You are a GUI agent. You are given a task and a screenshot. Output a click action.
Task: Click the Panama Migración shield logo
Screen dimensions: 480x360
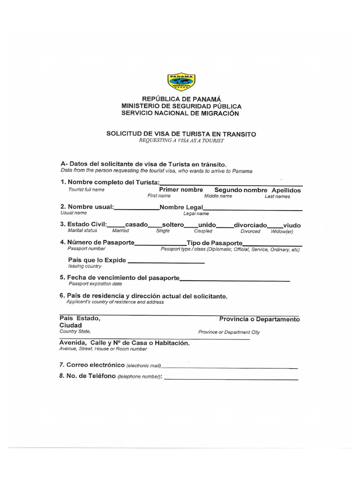click(x=181, y=82)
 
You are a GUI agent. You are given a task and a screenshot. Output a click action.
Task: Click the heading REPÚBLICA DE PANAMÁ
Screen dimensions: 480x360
click(x=181, y=99)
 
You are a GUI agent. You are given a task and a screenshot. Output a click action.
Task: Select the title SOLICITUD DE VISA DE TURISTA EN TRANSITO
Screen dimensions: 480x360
click(x=181, y=134)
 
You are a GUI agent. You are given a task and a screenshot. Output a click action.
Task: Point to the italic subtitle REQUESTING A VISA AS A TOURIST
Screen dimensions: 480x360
click(x=181, y=141)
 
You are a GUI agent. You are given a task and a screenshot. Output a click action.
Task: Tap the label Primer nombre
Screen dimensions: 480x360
click(x=181, y=190)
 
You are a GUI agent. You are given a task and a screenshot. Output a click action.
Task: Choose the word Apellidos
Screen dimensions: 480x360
click(x=286, y=190)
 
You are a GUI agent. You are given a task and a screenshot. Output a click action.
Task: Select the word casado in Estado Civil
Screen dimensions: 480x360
click(x=136, y=225)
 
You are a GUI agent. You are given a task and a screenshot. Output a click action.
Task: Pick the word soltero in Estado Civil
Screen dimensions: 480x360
click(x=173, y=225)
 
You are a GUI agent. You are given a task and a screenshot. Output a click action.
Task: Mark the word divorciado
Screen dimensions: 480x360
click(x=250, y=225)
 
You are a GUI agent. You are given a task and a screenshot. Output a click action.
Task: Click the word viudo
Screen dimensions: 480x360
click(x=292, y=225)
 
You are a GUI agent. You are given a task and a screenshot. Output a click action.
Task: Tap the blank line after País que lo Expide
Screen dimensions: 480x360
click(x=166, y=262)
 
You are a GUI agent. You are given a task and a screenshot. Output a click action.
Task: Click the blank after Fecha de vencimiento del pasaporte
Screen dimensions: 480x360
click(x=234, y=280)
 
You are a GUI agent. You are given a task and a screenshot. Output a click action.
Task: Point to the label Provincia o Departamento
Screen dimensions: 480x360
click(x=259, y=319)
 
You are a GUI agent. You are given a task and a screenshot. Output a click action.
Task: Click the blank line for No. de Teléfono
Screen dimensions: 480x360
click(x=231, y=378)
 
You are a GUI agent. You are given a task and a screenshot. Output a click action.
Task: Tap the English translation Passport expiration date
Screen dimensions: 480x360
click(x=95, y=284)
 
